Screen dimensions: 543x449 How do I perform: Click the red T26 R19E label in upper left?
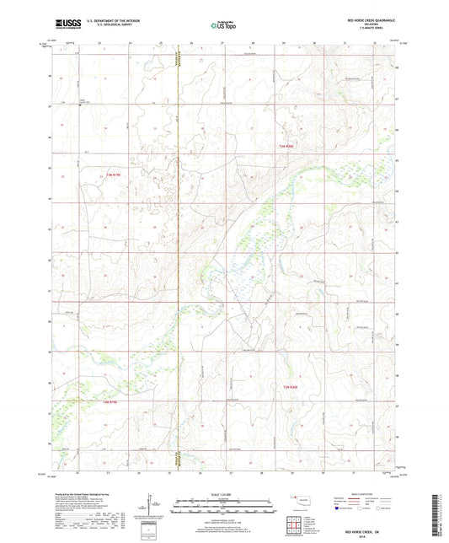tap(114, 175)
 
